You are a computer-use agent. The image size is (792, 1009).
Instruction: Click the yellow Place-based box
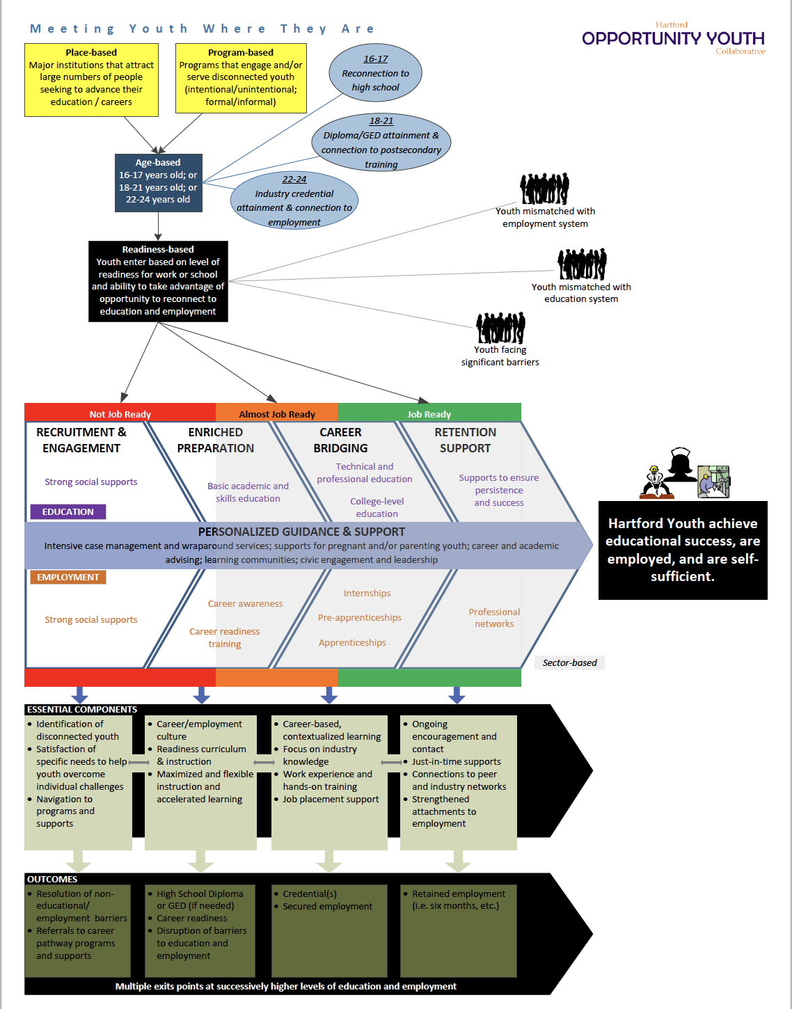tap(91, 79)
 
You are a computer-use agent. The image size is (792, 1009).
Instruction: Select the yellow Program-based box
tap(241, 78)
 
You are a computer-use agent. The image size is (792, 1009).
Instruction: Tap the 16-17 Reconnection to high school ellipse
tap(375, 73)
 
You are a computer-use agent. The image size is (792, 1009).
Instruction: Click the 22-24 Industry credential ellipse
tap(294, 200)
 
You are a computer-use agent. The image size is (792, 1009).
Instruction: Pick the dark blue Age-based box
tap(158, 182)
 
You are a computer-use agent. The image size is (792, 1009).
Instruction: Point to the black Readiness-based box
tap(158, 281)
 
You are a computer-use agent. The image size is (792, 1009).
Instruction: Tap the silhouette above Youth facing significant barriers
tap(500, 328)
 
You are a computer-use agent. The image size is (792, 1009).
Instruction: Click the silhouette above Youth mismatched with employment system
tap(544, 189)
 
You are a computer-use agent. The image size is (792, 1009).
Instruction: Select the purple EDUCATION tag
tap(68, 512)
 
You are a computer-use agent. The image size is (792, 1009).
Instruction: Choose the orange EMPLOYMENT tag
tap(68, 578)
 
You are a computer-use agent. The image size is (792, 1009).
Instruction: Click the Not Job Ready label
tap(120, 414)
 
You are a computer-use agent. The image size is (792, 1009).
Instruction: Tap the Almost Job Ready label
tap(277, 414)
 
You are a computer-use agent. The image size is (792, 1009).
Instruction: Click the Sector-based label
tap(569, 663)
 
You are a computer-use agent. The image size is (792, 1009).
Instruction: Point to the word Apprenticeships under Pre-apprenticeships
tap(352, 643)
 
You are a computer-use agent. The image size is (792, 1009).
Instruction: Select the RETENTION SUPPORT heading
tap(465, 440)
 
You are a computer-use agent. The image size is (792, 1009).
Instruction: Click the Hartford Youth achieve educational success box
tap(683, 550)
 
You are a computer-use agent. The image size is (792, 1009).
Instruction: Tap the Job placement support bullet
tap(331, 800)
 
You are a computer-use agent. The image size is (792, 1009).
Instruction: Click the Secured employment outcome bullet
tap(327, 907)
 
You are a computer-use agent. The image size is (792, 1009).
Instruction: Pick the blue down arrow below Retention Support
tap(457, 694)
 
